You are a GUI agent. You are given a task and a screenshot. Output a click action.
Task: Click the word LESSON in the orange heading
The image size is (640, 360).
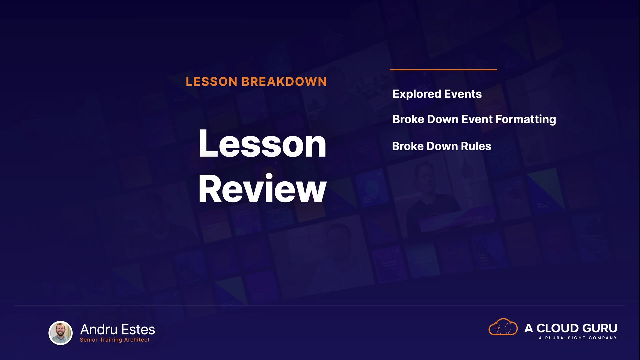pos(211,82)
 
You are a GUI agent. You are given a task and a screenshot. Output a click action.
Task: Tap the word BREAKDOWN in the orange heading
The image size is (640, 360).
pos(284,82)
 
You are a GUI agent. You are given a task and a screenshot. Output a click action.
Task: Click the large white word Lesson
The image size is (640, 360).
pos(262,144)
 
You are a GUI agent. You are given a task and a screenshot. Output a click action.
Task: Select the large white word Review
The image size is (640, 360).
pos(262,189)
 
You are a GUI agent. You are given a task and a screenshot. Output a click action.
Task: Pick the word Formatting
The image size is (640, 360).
pos(526,120)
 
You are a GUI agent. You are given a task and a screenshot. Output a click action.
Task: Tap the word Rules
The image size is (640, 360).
pos(476,146)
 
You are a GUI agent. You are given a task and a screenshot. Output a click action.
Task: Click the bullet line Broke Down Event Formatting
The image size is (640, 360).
pos(474,120)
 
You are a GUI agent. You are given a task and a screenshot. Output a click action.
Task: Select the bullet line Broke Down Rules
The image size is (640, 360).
pos(442,146)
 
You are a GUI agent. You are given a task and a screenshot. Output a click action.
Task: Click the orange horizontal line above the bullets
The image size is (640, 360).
pos(443,70)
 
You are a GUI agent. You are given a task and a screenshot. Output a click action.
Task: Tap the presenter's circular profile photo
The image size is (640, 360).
pos(60,333)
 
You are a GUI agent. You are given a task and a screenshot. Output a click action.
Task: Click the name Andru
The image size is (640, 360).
pos(99,330)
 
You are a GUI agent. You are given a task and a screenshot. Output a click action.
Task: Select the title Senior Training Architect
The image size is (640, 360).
pos(115,340)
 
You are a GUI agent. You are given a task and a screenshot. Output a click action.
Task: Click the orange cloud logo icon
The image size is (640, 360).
pos(503,327)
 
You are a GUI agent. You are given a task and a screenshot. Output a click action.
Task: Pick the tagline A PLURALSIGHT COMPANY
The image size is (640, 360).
pos(578,338)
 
